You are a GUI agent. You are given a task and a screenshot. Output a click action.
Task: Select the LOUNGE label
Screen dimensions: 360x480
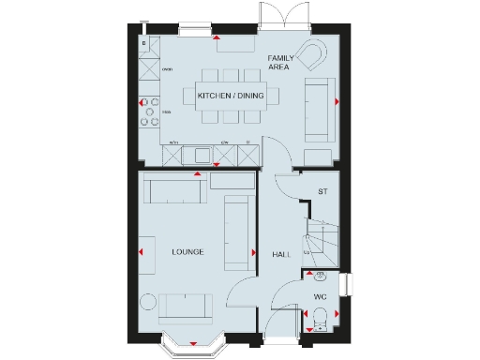(188, 253)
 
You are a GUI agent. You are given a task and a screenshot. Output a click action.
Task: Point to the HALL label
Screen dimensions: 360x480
(281, 254)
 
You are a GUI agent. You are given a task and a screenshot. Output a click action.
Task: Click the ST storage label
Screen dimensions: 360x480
(322, 192)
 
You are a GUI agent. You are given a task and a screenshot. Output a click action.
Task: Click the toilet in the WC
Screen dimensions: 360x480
(319, 315)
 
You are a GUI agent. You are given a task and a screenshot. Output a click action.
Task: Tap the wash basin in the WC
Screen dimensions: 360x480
(319, 277)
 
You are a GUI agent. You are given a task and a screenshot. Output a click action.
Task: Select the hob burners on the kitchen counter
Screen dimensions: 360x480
(149, 111)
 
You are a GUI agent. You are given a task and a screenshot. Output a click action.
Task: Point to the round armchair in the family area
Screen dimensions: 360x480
(310, 55)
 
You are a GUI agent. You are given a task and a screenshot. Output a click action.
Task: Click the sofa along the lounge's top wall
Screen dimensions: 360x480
(174, 190)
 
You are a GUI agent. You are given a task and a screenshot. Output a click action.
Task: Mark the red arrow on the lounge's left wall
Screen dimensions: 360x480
(142, 252)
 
